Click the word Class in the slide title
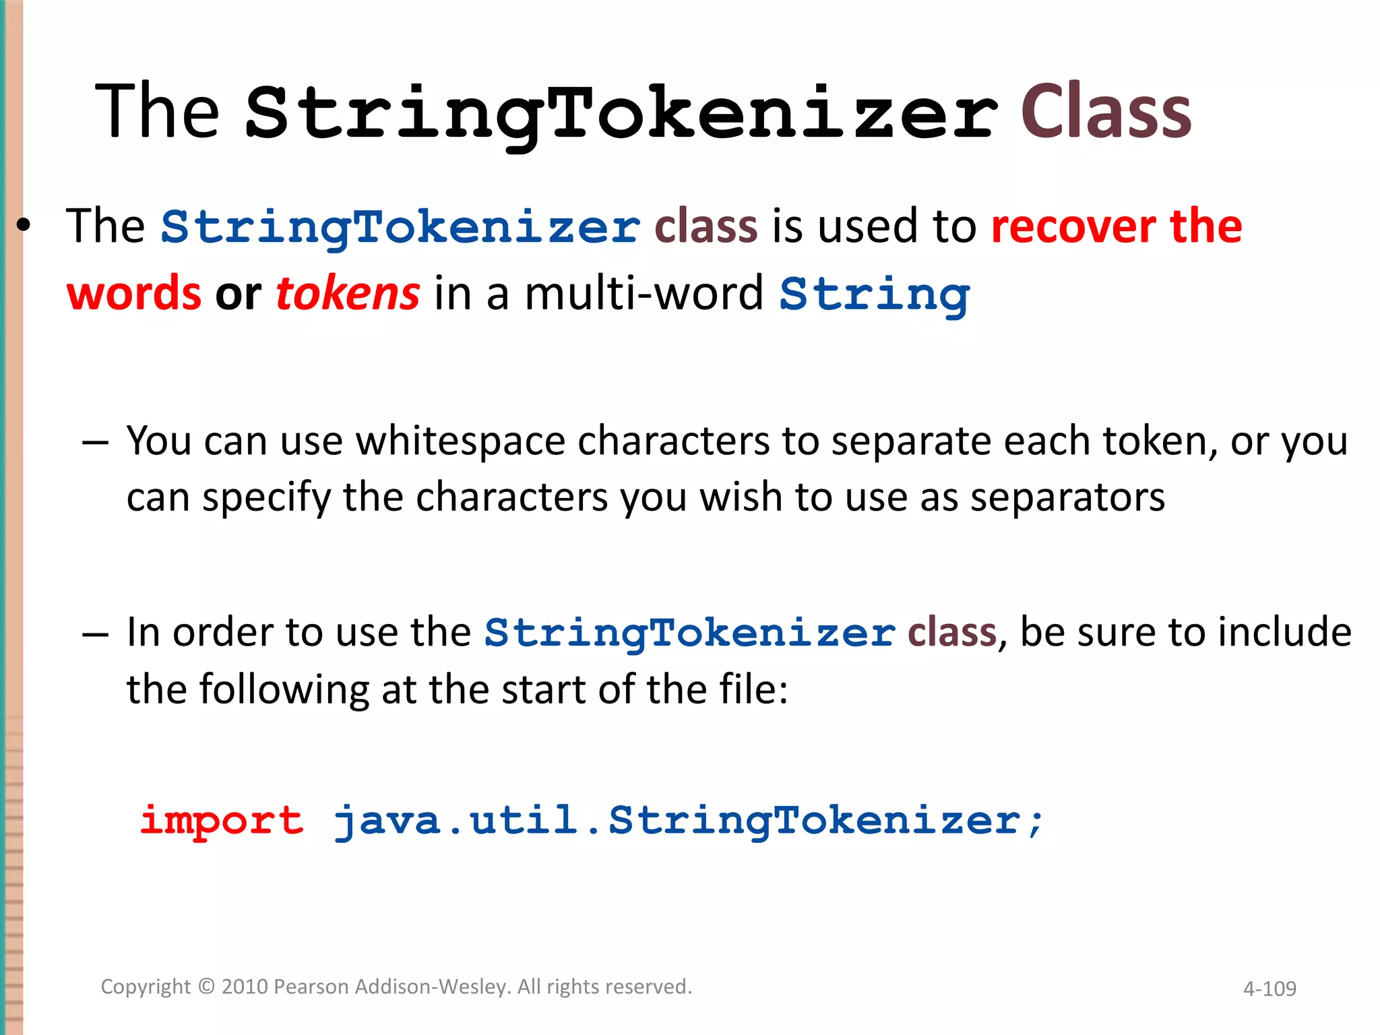(1105, 112)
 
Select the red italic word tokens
(348, 293)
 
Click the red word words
(133, 294)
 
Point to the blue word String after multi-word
(874, 295)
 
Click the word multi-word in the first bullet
(644, 294)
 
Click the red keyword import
(222, 820)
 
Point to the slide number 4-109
(1269, 989)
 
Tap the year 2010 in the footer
(245, 986)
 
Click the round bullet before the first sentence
(24, 227)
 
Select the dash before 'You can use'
(95, 443)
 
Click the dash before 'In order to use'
(95, 634)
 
